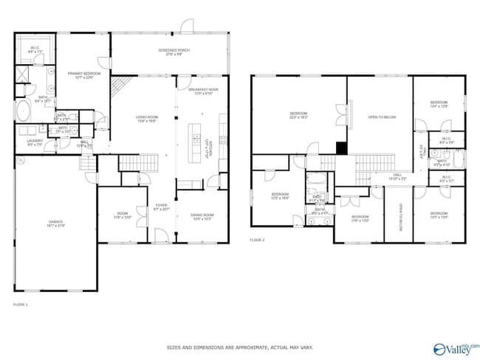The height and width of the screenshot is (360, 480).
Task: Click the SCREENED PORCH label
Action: (174, 52)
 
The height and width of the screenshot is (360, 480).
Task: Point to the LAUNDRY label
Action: (35, 142)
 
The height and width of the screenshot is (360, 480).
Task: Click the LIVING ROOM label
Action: (146, 119)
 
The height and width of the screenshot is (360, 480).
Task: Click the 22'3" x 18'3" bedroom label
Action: (298, 115)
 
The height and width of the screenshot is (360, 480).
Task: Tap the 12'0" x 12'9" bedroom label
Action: (439, 105)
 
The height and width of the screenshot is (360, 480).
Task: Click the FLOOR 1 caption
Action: (21, 304)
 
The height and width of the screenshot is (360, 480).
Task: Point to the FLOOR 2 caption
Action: (257, 240)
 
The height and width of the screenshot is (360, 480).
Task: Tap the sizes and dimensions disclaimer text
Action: (239, 346)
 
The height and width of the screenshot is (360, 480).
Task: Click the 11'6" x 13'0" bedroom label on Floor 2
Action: (360, 218)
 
